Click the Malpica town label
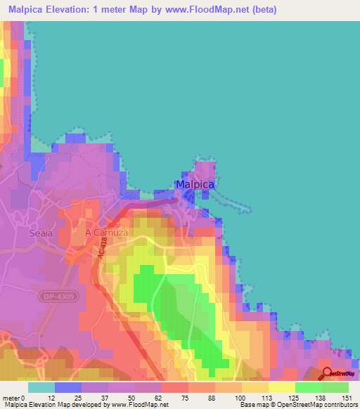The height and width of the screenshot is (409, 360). (x=195, y=185)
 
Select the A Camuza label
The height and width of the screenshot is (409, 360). (x=105, y=232)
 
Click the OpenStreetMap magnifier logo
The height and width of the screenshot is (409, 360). (x=328, y=374)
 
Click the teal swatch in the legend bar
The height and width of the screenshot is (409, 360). (x=41, y=387)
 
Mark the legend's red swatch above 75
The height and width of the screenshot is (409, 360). (x=174, y=387)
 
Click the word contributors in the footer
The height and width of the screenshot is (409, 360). (x=337, y=405)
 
